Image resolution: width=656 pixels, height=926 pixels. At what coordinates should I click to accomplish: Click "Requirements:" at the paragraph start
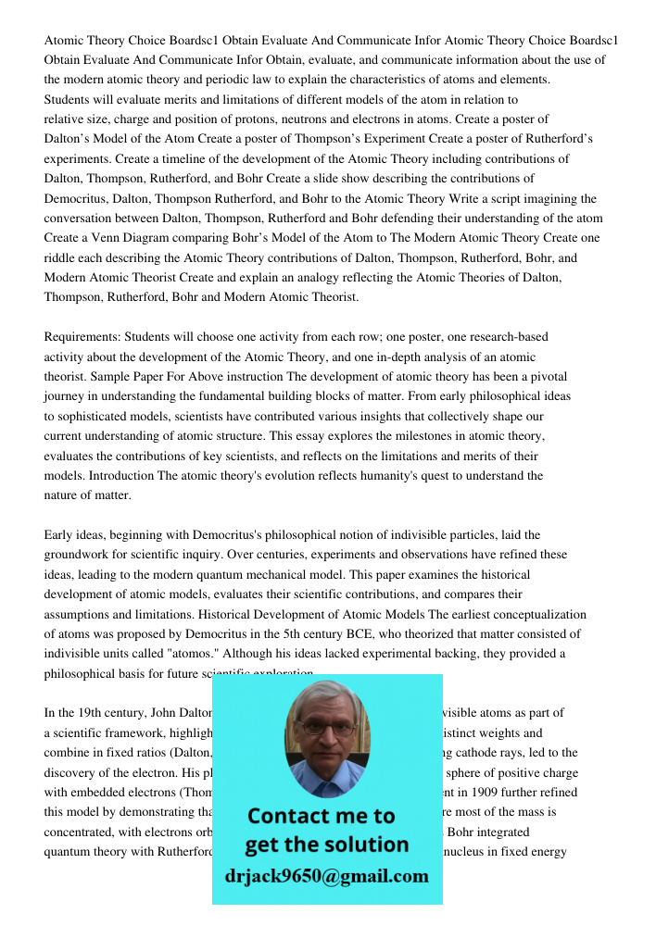[82, 337]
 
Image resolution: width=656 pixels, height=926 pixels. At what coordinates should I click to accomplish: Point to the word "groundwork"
[80, 556]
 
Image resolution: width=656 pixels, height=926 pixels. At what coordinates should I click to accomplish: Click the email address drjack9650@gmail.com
[327, 876]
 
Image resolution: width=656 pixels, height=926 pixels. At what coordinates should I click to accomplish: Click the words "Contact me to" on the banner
[322, 816]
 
